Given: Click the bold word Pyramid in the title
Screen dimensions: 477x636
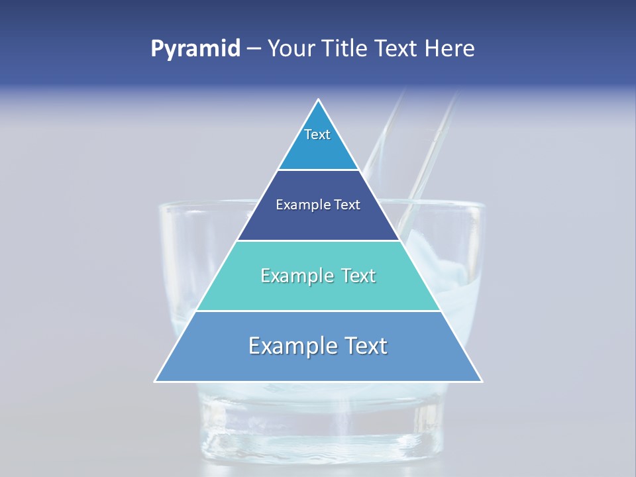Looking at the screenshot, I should tap(195, 49).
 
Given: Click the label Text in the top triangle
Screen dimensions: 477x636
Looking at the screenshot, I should tap(317, 134).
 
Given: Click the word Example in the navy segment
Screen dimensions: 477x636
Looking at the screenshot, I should tap(296, 205).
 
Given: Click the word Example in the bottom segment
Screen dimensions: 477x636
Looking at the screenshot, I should tap(291, 346).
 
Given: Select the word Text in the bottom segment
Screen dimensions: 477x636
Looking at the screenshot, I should tap(365, 346).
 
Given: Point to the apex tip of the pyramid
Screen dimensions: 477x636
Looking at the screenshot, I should tap(319, 101).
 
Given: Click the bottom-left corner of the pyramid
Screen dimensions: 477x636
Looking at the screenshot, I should tap(156, 381).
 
